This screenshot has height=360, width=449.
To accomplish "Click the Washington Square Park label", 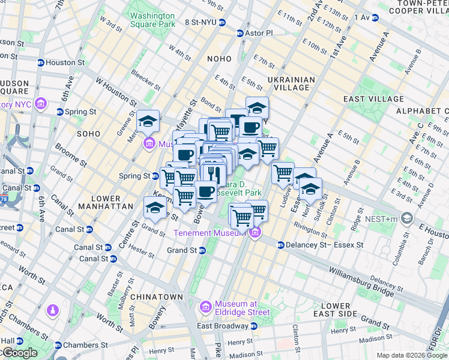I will coord(152,20).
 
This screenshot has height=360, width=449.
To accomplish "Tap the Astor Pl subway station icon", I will coord(241,32).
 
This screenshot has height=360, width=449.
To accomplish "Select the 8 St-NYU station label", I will coord(200,22).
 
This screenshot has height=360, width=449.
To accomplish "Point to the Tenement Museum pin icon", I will coord(256,233).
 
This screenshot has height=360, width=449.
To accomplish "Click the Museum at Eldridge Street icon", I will coord(206,307).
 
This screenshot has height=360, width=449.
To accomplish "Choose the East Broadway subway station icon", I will coord(254,326).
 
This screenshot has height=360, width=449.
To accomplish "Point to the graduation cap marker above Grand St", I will coord(155,208).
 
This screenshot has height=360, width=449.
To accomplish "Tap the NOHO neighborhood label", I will coord(218,59).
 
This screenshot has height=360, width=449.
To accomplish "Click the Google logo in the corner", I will coord(19,353).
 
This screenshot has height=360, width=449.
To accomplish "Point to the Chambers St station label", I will coord(85,345).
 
